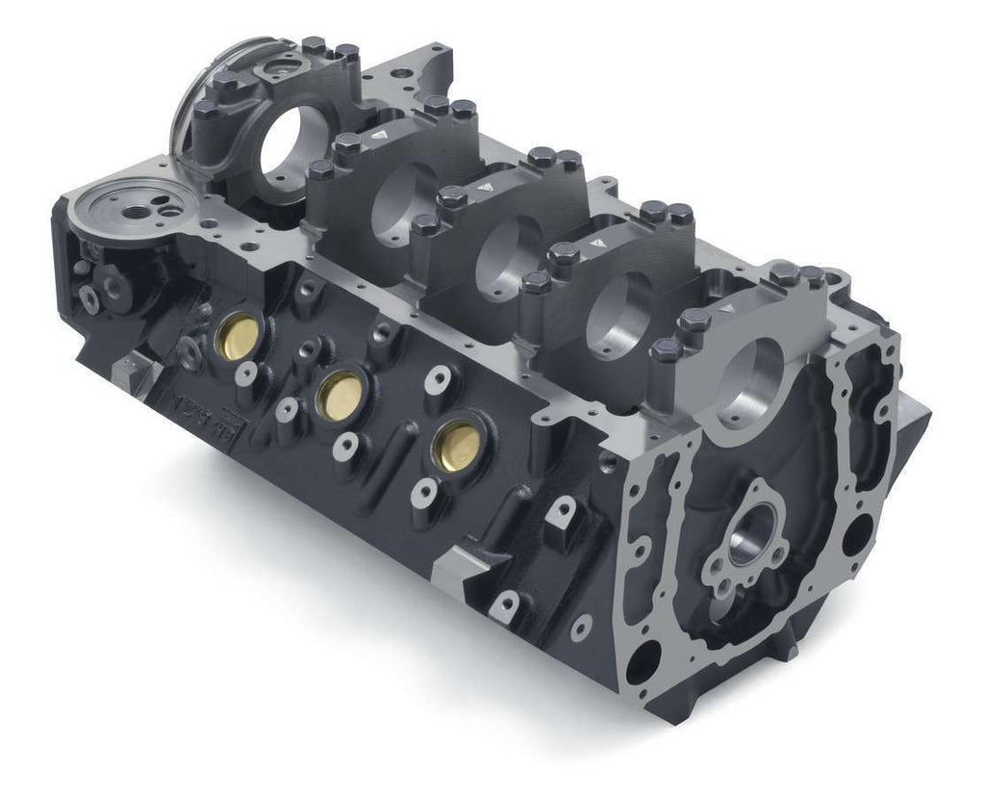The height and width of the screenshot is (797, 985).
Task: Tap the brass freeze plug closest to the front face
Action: click(x=454, y=447)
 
